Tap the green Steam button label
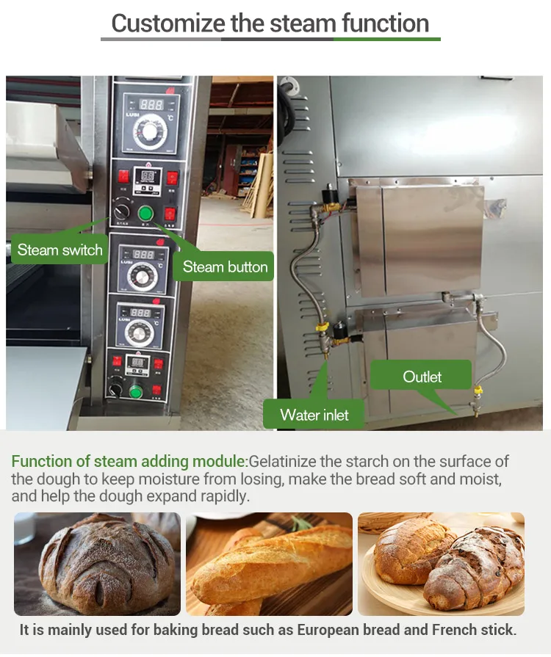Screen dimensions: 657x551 [x=225, y=266]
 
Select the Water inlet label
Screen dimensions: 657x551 [x=314, y=415]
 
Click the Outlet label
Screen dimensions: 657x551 [x=422, y=377]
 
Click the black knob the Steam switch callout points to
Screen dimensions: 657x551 [x=121, y=212]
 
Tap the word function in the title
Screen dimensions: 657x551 [x=385, y=23]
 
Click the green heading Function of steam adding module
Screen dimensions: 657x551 [x=129, y=462]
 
